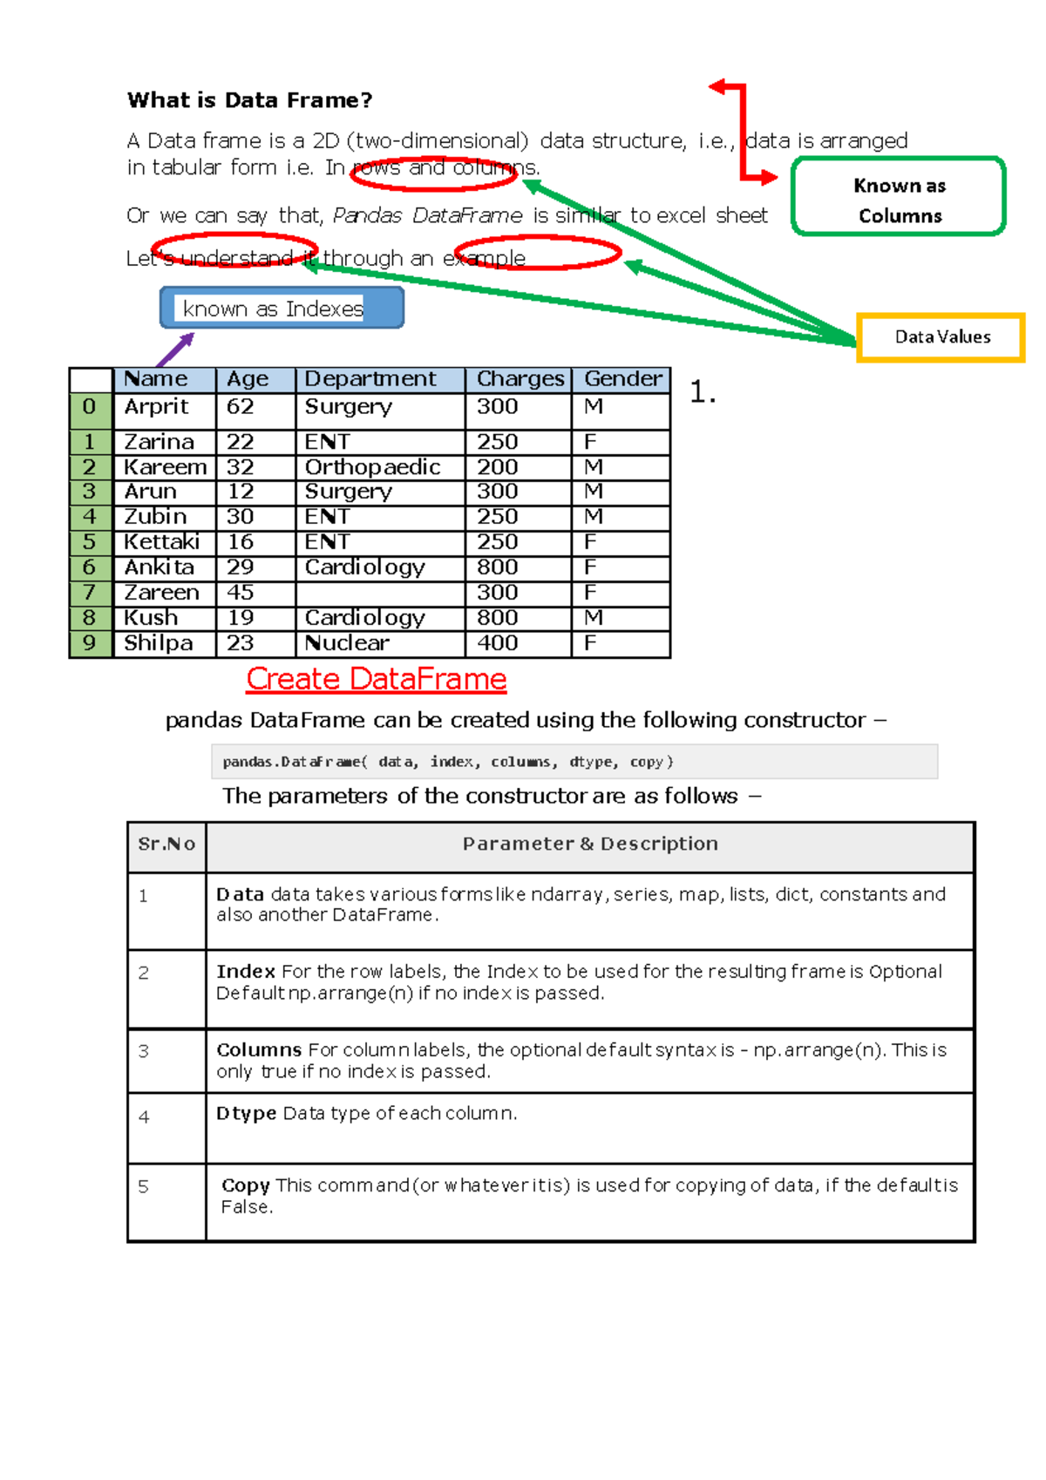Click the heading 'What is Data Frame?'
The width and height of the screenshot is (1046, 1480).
click(249, 100)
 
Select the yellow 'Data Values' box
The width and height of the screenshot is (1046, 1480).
click(941, 337)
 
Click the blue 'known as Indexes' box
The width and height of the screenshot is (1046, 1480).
click(281, 309)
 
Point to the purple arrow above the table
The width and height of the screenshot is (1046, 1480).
click(174, 350)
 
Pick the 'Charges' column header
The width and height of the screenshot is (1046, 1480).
click(520, 379)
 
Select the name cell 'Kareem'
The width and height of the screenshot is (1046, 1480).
click(165, 467)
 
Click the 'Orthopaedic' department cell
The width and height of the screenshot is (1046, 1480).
click(372, 467)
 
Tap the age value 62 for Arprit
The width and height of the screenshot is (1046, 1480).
click(241, 407)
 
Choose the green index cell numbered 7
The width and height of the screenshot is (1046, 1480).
click(90, 593)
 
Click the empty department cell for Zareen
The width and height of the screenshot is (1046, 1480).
click(379, 593)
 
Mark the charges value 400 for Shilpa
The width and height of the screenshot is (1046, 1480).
click(498, 643)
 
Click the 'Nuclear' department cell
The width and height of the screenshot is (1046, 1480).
click(347, 643)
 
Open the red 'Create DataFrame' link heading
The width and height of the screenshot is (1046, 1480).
click(376, 679)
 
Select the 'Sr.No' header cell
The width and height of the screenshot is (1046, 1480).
click(166, 844)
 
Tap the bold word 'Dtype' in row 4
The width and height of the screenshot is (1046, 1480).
click(247, 1114)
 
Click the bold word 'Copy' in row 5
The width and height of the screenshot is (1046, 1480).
click(246, 1185)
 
